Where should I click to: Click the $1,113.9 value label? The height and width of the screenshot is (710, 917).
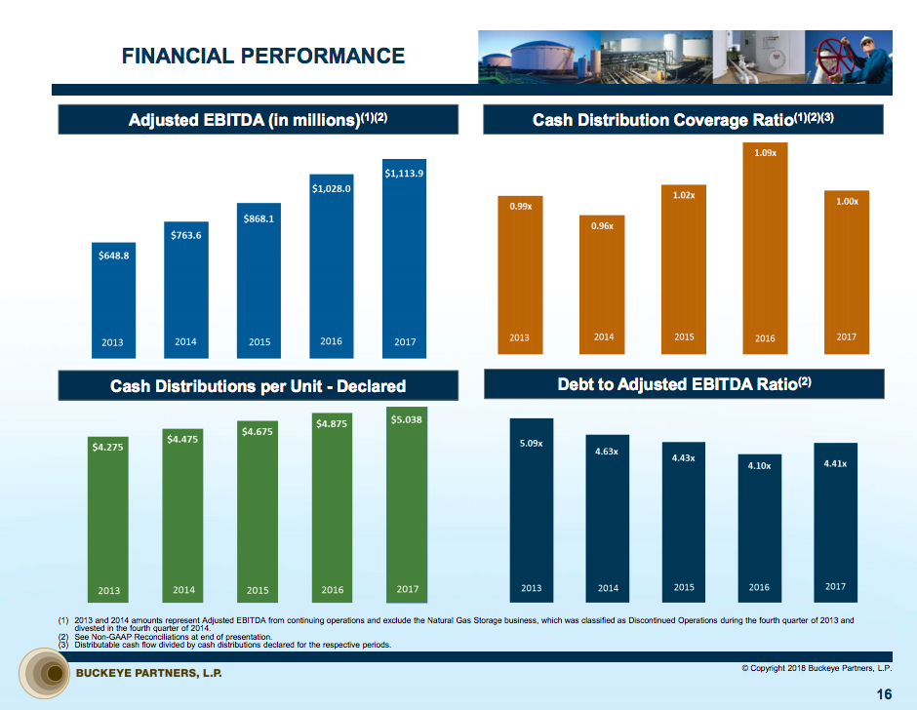pyautogui.click(x=404, y=174)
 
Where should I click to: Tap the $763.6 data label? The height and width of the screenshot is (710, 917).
pyautogui.click(x=185, y=235)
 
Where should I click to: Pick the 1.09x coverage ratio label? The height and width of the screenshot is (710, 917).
pyautogui.click(x=765, y=152)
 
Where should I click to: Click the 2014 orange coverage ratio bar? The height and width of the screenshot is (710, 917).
pyautogui.click(x=604, y=283)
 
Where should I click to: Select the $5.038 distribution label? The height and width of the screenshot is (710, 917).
pyautogui.click(x=406, y=419)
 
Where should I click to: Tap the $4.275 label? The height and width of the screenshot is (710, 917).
pyautogui.click(x=107, y=447)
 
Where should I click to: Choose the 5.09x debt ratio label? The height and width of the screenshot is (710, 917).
pyautogui.click(x=531, y=444)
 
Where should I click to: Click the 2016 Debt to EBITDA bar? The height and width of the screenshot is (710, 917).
pyautogui.click(x=759, y=527)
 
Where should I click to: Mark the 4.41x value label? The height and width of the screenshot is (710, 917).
pyautogui.click(x=835, y=463)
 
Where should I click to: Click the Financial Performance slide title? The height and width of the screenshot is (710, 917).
pyautogui.click(x=263, y=56)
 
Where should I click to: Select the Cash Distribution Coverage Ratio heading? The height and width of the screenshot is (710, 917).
pyautogui.click(x=683, y=120)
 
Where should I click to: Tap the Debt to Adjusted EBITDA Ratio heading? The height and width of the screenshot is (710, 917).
pyautogui.click(x=683, y=384)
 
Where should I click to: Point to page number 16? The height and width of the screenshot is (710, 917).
pyautogui.click(x=883, y=694)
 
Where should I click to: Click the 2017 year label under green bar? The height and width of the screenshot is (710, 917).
pyautogui.click(x=407, y=589)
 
